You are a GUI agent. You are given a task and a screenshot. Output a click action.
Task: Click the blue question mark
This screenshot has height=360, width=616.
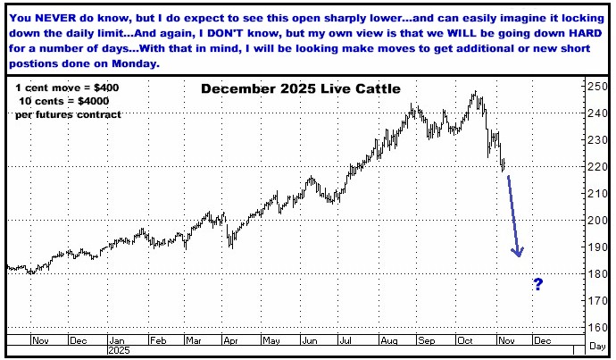point(538,285)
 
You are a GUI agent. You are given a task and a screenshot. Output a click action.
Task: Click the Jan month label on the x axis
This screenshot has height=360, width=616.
point(118,340)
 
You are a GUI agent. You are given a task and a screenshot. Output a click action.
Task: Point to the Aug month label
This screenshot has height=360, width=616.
point(390,340)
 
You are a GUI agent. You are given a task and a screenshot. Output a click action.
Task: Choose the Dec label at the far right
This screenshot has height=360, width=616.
point(542,340)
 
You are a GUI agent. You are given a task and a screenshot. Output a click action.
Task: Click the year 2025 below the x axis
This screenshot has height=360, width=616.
point(118,351)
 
